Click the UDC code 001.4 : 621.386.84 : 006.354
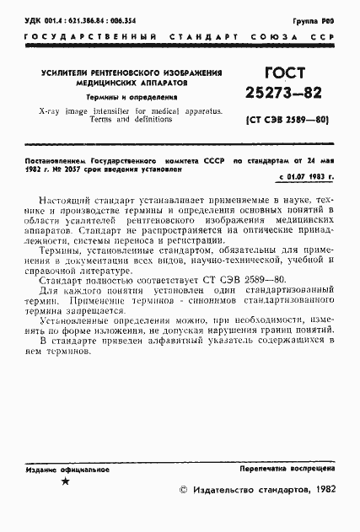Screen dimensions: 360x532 76,17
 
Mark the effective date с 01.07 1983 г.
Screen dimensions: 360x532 304,177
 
